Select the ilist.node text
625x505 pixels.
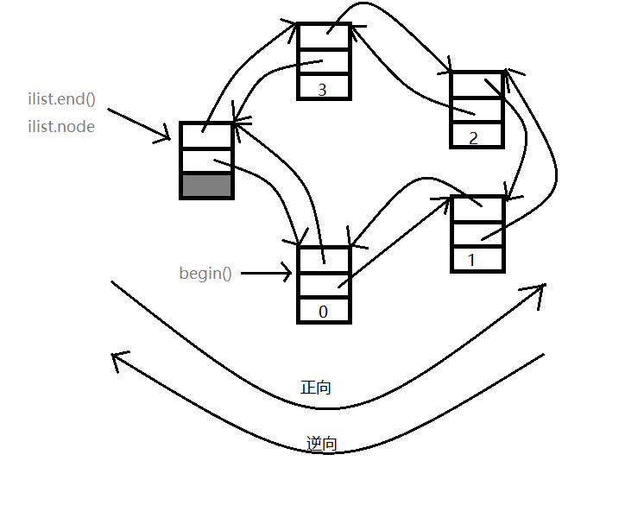coord(61,127)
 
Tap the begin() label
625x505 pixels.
coord(205,274)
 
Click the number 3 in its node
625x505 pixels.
coord(323,89)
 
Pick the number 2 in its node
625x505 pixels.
coord(472,137)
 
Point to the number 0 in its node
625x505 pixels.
coord(324,312)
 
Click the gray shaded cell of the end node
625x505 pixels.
coord(206,186)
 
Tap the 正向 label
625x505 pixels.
coord(316,388)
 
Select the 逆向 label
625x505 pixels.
coord(321,445)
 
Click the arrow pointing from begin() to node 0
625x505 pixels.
coord(268,275)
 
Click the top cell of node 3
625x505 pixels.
coord(325,36)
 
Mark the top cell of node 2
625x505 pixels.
coord(477,85)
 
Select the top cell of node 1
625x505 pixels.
coord(477,209)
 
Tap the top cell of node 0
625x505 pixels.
coord(325,259)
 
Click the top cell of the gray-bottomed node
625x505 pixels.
coord(206,135)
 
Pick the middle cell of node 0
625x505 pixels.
coord(325,285)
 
